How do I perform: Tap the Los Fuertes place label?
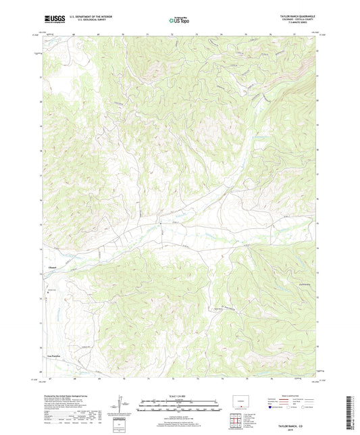[x=53, y=355]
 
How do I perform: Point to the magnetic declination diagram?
[x=122, y=405]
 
